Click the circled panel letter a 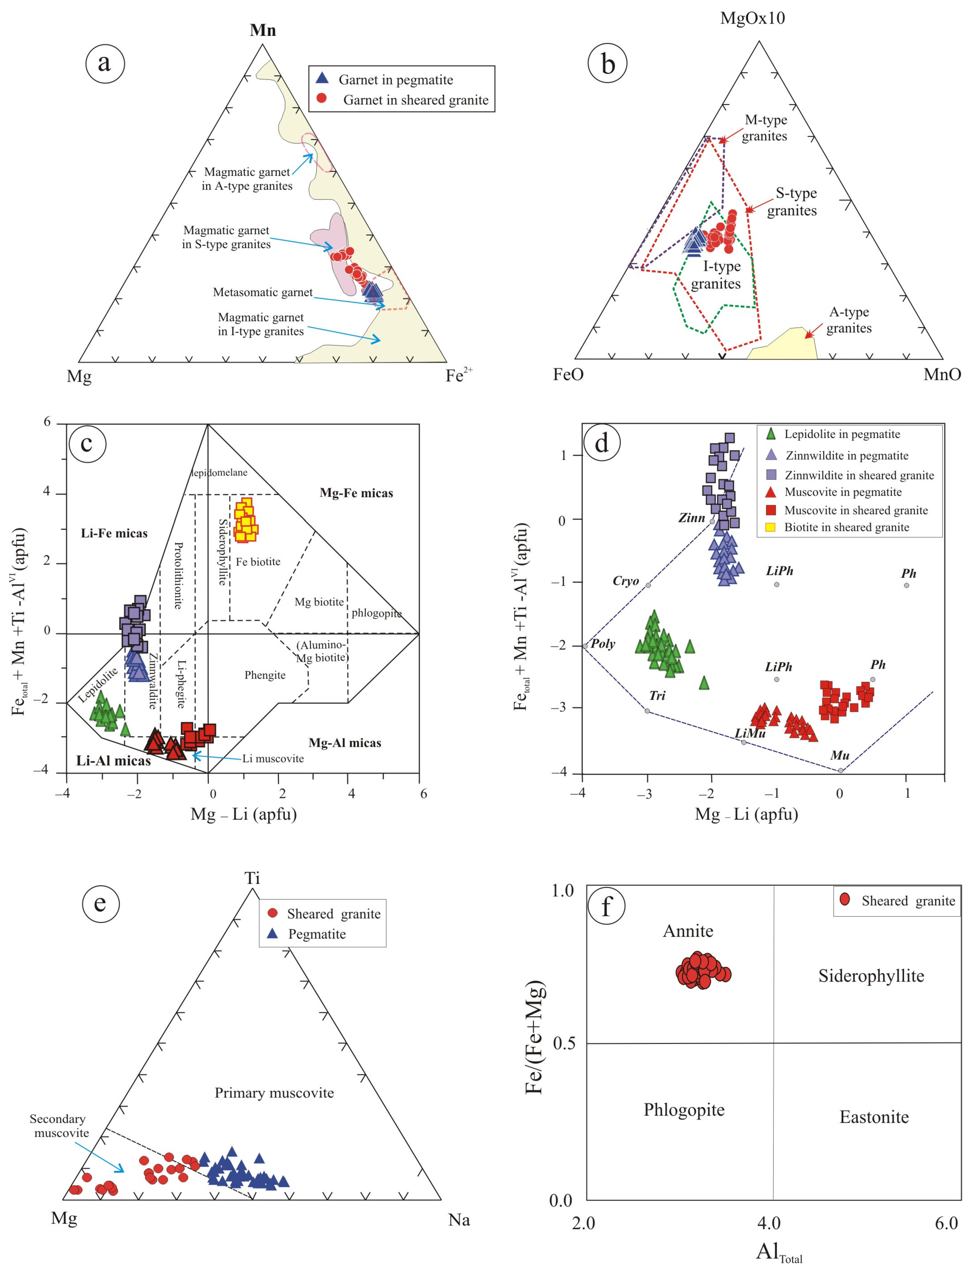pos(105,63)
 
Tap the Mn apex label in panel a pos(263,30)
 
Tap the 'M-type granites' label pos(765,128)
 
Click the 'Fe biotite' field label pos(258,561)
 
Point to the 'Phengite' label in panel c pos(265,675)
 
